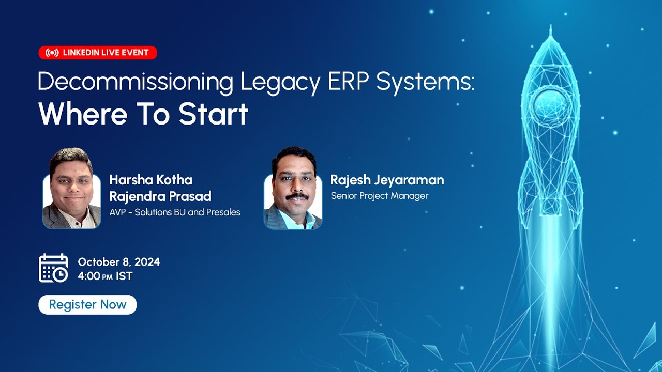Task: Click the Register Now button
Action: (87, 305)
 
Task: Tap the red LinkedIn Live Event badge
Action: (98, 53)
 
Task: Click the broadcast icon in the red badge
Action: (52, 53)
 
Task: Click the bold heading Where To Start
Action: (143, 114)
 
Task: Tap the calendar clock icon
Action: (53, 268)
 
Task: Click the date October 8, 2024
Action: (119, 262)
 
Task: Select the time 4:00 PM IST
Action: (105, 276)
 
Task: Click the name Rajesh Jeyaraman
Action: (387, 180)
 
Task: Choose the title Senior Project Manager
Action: (380, 196)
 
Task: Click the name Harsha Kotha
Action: (151, 180)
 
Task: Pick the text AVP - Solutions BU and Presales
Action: (175, 212)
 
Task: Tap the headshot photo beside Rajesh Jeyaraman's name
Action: (293, 189)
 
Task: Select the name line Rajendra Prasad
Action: (160, 196)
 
